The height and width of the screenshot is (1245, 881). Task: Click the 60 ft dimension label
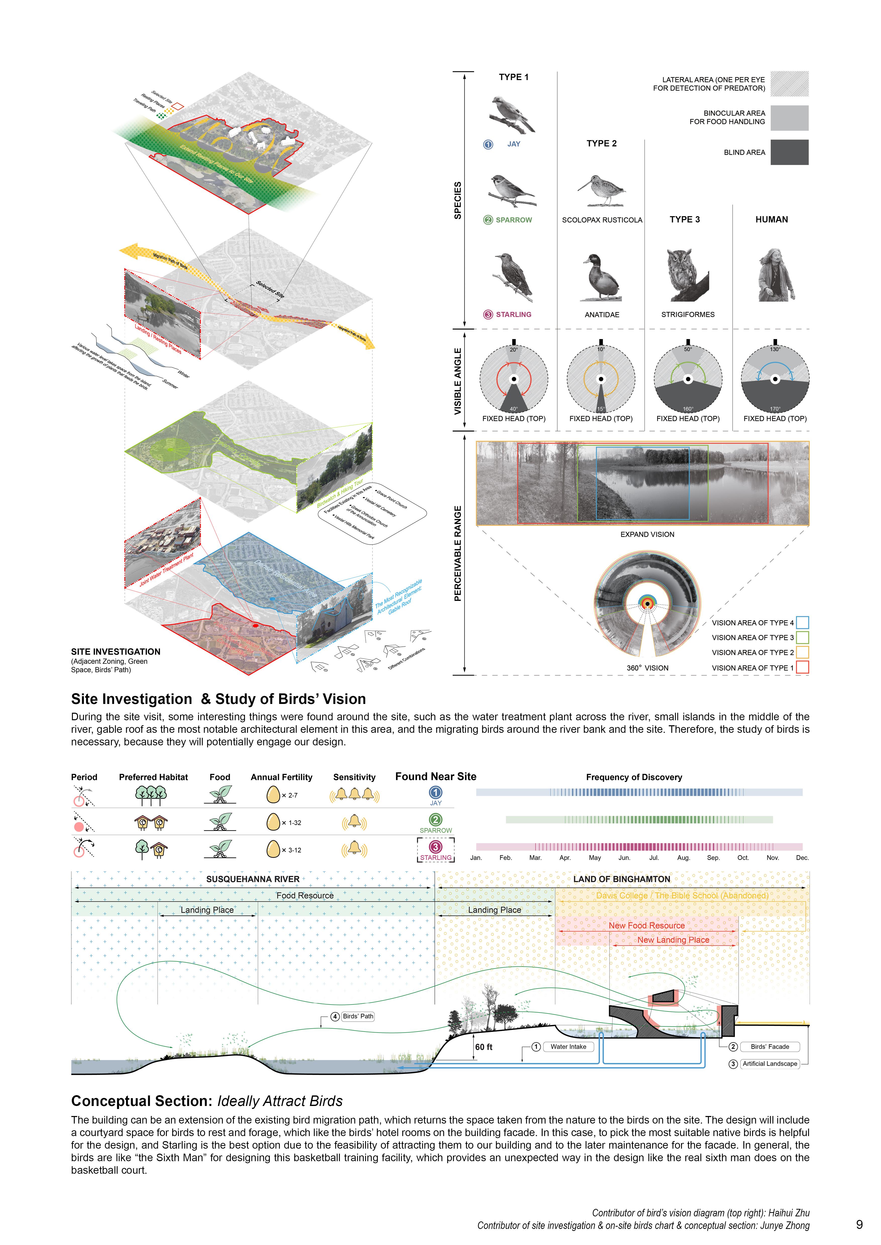tap(483, 1047)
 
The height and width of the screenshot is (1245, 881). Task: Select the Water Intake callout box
tap(568, 1047)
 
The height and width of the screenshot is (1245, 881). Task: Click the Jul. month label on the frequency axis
tap(654, 858)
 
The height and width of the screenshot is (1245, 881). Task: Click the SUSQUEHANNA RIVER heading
tap(253, 879)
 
